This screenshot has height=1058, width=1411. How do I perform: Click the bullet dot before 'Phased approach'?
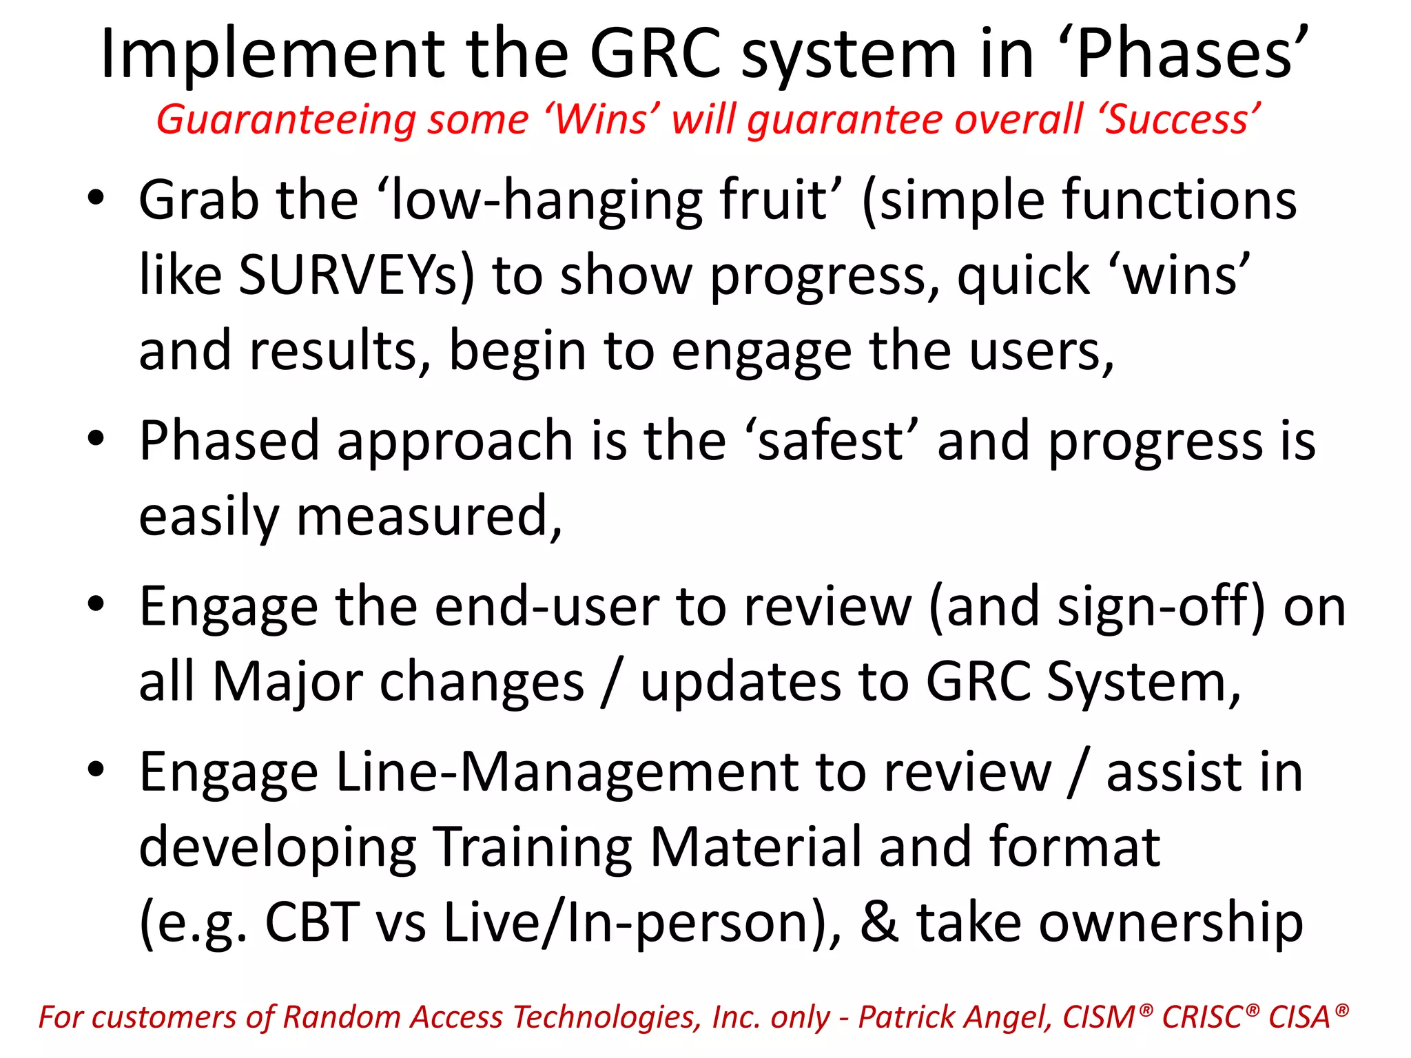coord(96,438)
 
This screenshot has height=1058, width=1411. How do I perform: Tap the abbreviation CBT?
coord(313,922)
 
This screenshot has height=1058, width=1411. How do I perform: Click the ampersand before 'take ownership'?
coord(879,922)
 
